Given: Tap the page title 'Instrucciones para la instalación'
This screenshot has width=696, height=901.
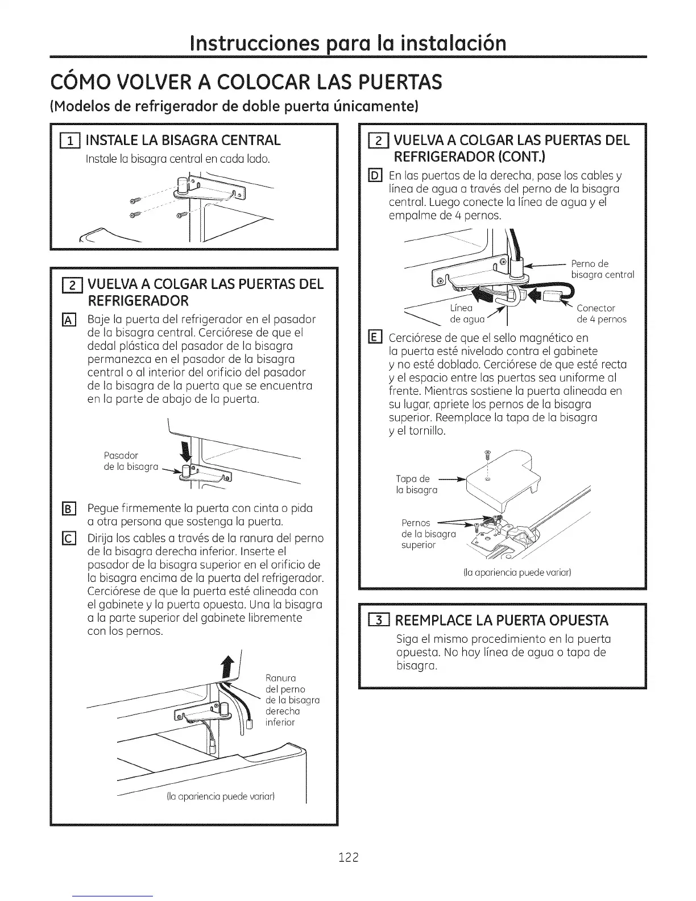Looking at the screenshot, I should [348, 43].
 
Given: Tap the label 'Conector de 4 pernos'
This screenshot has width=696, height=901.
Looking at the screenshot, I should [602, 314].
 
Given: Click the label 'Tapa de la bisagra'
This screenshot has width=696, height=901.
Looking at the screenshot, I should [417, 484].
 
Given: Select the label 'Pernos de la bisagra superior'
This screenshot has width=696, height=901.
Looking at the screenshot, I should [428, 534].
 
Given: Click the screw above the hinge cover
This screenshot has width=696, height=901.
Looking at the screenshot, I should [486, 454].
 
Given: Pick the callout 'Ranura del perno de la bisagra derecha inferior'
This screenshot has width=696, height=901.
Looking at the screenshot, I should [292, 700].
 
